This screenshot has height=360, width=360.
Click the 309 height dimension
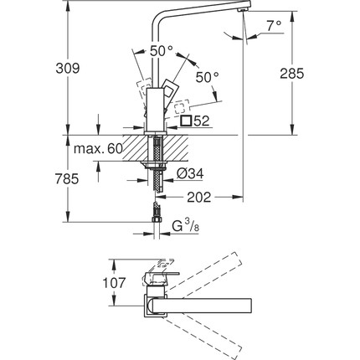(x=68, y=69)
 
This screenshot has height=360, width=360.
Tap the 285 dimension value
(x=292, y=74)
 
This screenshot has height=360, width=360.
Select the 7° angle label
(x=274, y=26)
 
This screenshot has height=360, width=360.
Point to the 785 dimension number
(x=67, y=179)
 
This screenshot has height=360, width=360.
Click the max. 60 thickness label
(x=98, y=149)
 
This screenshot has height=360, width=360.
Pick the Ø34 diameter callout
(x=190, y=174)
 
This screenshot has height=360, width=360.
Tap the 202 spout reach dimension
(x=199, y=198)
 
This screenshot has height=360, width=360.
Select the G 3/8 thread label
(x=186, y=226)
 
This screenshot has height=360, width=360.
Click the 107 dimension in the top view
(x=114, y=283)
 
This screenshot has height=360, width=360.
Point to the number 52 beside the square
(x=201, y=121)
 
